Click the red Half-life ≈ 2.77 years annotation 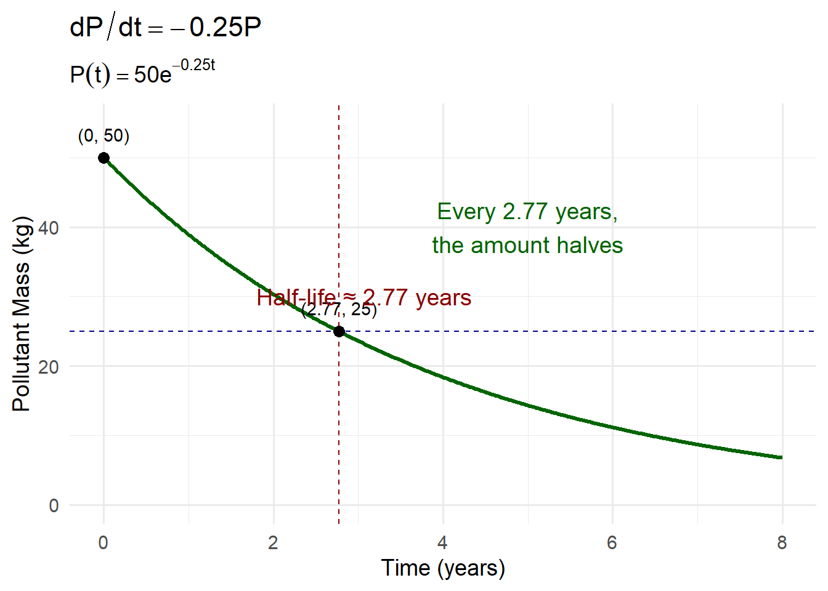(363, 298)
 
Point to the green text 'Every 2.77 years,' (527, 212)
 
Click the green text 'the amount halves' (527, 246)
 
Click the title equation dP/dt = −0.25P (166, 28)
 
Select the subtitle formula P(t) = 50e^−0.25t (142, 73)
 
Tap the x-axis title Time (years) (443, 568)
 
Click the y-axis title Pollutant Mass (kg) (22, 314)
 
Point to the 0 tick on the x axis (103, 542)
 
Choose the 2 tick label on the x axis (273, 542)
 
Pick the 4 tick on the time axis (442, 542)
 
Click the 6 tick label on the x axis (612, 542)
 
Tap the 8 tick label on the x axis (782, 542)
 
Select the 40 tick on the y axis (49, 228)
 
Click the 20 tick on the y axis (49, 367)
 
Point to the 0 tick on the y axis (54, 505)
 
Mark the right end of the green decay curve (781, 457)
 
